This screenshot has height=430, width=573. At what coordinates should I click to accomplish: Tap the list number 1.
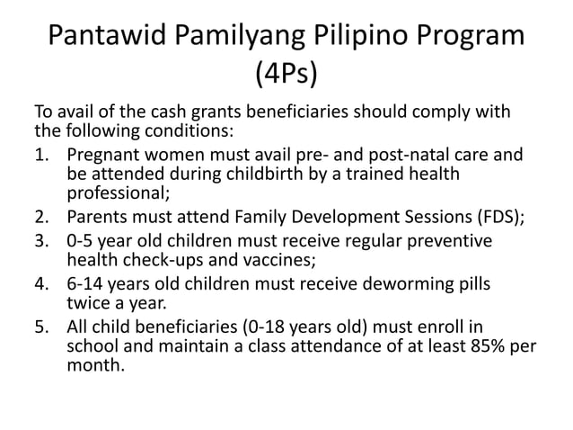coord(40,153)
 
